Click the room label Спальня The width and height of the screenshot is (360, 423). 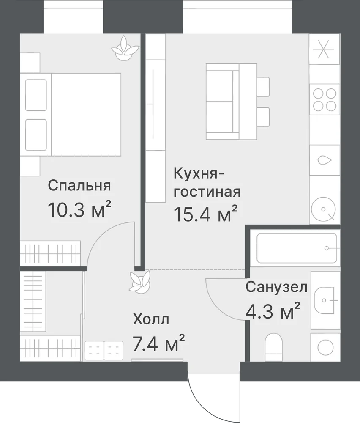point(79,186)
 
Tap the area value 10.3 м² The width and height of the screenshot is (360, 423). point(79,209)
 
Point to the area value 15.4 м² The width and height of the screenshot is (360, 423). point(206,214)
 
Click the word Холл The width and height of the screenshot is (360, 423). point(151,319)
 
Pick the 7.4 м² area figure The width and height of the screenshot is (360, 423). point(159,343)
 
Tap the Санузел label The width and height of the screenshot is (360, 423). point(276,287)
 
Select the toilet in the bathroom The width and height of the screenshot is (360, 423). point(273,347)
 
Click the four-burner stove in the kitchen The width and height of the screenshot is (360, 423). point(325,99)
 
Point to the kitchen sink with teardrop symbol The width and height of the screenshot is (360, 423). point(325,160)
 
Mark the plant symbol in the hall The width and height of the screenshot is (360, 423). point(139,282)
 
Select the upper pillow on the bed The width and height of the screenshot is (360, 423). point(36,95)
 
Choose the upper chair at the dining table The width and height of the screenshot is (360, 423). point(263,87)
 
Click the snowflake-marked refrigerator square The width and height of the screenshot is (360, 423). point(325,49)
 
